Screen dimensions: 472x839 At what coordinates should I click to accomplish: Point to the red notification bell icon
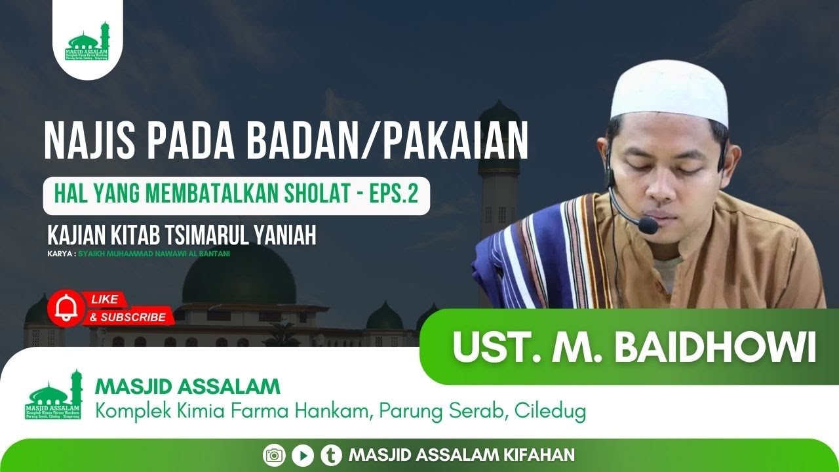(66, 307)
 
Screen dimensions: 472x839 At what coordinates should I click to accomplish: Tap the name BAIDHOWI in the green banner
(715, 347)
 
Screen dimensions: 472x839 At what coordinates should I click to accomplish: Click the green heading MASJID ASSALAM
(188, 386)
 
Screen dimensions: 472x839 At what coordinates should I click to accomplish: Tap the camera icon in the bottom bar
(273, 454)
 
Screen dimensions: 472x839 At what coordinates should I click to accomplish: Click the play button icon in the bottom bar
(302, 454)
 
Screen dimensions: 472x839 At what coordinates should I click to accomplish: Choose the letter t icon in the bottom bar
(331, 454)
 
